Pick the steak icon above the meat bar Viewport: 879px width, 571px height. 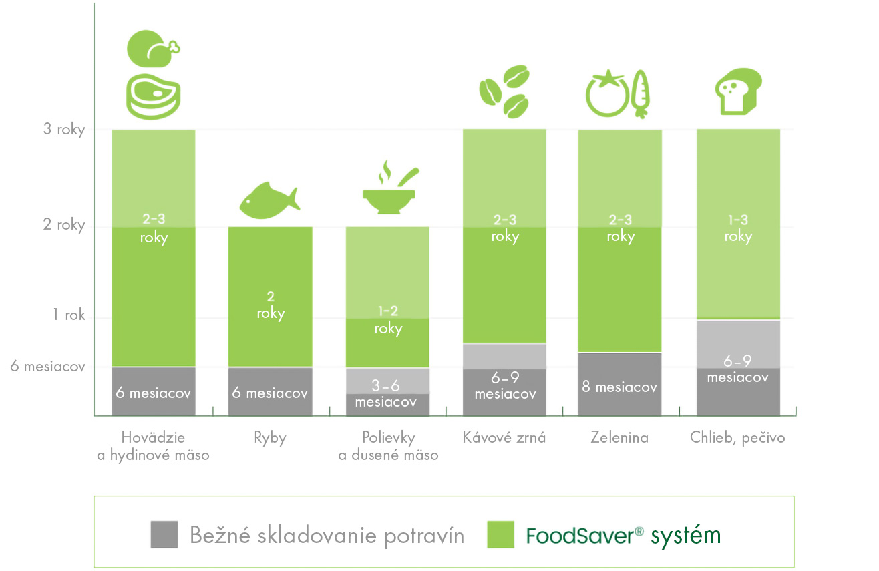pyautogui.click(x=154, y=95)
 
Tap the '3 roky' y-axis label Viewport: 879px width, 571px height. pyautogui.click(x=64, y=129)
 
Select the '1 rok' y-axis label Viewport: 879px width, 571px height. pyautogui.click(x=69, y=315)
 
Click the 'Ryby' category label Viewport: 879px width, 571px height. pyautogui.click(x=270, y=438)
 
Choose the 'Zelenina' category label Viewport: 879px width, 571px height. pyautogui.click(x=619, y=438)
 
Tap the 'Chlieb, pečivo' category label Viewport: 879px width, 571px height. pyautogui.click(x=737, y=439)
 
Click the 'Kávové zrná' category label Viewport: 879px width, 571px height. pyautogui.click(x=504, y=438)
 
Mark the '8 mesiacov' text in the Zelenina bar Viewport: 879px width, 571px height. pyautogui.click(x=619, y=387)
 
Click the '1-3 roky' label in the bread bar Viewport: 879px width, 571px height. pyautogui.click(x=738, y=228)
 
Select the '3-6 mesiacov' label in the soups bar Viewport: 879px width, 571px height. pyautogui.click(x=386, y=394)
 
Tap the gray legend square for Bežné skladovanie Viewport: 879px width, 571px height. pyautogui.click(x=164, y=534)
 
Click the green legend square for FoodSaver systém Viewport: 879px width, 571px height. pyautogui.click(x=501, y=534)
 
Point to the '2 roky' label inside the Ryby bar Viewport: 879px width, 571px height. pyautogui.click(x=271, y=305)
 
